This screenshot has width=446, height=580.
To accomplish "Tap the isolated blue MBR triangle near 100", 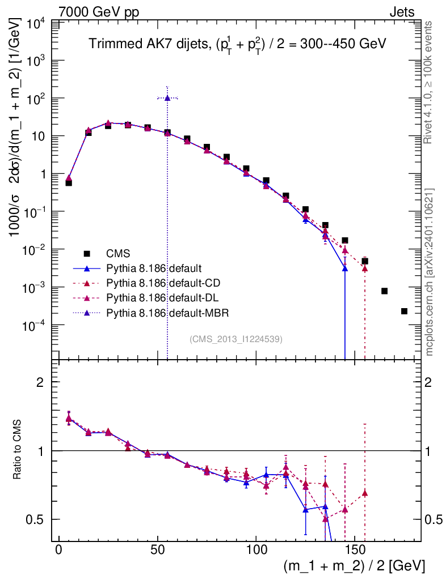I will [x=167, y=98].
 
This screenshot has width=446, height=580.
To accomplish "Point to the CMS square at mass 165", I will [x=384, y=291].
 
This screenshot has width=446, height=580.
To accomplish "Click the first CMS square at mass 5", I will [x=69, y=183].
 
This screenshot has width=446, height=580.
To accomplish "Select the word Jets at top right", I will [x=401, y=11].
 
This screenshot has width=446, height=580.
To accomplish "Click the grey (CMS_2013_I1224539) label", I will [x=235, y=339].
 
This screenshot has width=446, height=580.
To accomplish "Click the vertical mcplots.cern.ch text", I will [x=430, y=272].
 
